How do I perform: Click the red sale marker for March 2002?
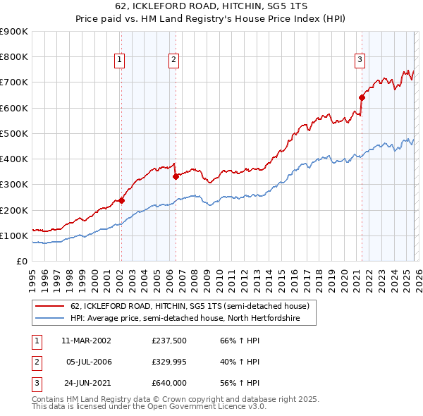tap(121, 200)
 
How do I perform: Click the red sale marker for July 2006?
tap(176, 177)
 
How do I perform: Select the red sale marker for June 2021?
tap(362, 97)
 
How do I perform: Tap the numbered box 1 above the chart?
tap(119, 61)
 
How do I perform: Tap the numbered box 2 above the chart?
tap(173, 61)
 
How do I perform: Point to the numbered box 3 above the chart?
tap(360, 61)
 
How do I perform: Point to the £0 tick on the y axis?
tap(22, 261)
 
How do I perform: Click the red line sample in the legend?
tap(51, 307)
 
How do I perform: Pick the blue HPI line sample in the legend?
tap(51, 319)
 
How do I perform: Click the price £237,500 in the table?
tap(169, 341)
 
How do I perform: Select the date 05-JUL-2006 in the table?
tap(88, 362)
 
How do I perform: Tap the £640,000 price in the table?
tap(169, 383)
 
